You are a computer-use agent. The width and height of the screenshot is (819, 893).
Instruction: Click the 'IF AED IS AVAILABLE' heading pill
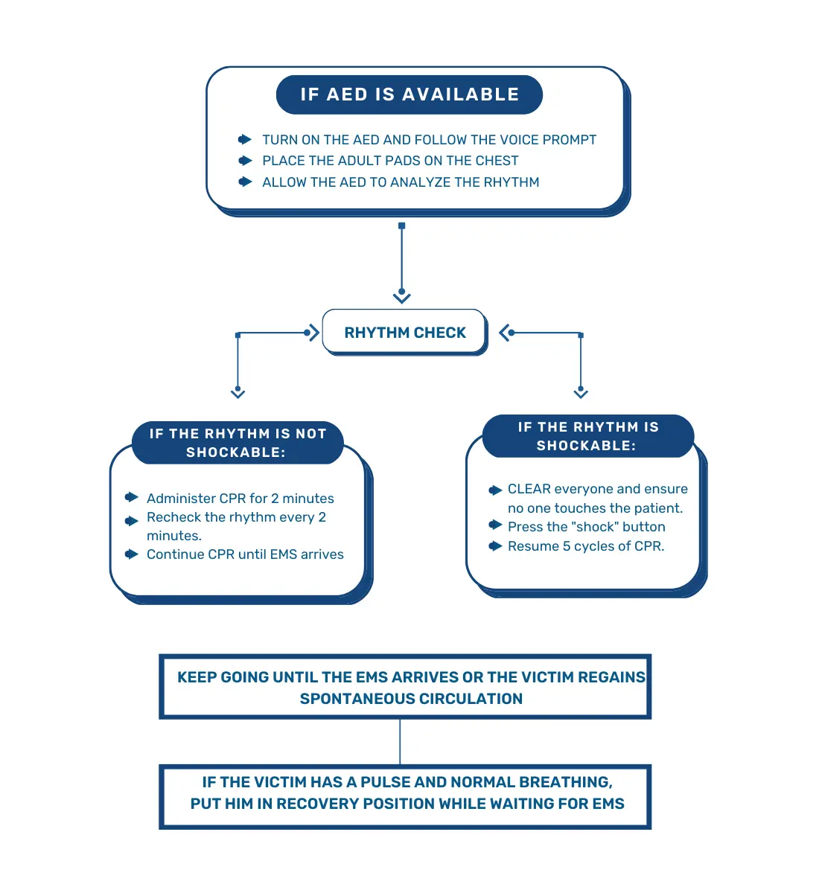tap(409, 95)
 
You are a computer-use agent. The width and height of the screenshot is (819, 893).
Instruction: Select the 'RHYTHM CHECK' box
tap(404, 333)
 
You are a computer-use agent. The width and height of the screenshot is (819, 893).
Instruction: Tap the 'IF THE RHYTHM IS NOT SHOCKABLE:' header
tap(238, 443)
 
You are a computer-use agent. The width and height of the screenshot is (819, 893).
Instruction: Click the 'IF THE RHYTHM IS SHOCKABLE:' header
tap(588, 436)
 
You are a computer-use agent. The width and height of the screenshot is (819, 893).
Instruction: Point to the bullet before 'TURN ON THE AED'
tap(245, 139)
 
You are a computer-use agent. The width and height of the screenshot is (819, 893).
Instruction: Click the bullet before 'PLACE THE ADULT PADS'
tap(245, 160)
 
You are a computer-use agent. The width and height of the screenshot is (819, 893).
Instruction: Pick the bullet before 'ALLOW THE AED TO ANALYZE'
tap(245, 182)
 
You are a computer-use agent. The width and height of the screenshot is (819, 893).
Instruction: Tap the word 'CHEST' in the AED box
tap(497, 161)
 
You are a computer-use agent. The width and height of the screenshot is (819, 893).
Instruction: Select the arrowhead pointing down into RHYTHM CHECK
tap(402, 298)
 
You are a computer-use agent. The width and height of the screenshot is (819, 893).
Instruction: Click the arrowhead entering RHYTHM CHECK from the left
tap(313, 333)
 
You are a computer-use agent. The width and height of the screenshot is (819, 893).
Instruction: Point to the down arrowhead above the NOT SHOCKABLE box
tap(238, 393)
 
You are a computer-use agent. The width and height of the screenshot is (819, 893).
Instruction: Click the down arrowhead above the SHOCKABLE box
tap(581, 393)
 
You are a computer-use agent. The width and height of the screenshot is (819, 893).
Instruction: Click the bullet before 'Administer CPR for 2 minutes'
tap(132, 497)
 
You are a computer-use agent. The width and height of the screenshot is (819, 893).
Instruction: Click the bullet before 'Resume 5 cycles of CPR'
tap(495, 546)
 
